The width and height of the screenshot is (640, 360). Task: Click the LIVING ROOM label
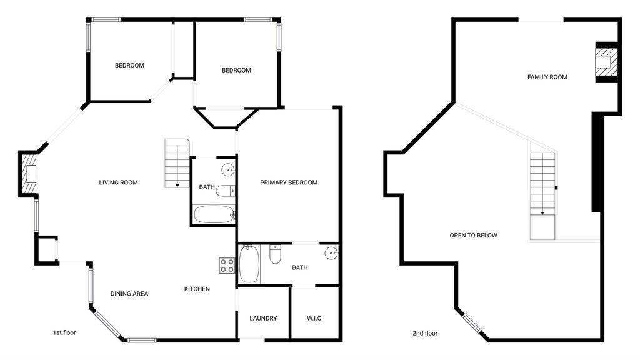pos(118,182)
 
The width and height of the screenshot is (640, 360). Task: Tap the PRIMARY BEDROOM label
pos(289,182)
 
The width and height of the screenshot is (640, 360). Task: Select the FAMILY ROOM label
pos(547,77)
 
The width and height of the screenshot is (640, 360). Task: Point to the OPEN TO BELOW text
pos(474,235)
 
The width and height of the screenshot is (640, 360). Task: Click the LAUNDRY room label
pos(263,318)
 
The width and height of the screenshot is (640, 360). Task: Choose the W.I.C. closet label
pos(315,318)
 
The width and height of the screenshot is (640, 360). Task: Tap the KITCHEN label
pos(197,289)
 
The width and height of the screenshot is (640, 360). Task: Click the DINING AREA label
pos(129,294)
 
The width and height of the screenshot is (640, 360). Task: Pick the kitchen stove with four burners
pos(227,266)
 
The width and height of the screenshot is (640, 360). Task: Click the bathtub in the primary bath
pos(249,264)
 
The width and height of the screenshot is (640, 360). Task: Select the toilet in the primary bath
pos(275,254)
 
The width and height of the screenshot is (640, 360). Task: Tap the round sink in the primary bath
pos(331,253)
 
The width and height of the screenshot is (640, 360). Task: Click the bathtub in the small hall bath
pos(214,215)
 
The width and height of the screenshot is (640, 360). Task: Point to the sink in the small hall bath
pos(228,169)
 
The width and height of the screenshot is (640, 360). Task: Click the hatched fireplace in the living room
pos(29,174)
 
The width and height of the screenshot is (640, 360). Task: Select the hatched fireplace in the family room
pos(606,62)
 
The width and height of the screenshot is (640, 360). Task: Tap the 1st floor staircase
pos(177,163)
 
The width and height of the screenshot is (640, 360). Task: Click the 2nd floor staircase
pos(543,196)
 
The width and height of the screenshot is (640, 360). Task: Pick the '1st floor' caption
pos(64,332)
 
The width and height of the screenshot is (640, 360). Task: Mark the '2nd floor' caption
pos(425,333)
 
